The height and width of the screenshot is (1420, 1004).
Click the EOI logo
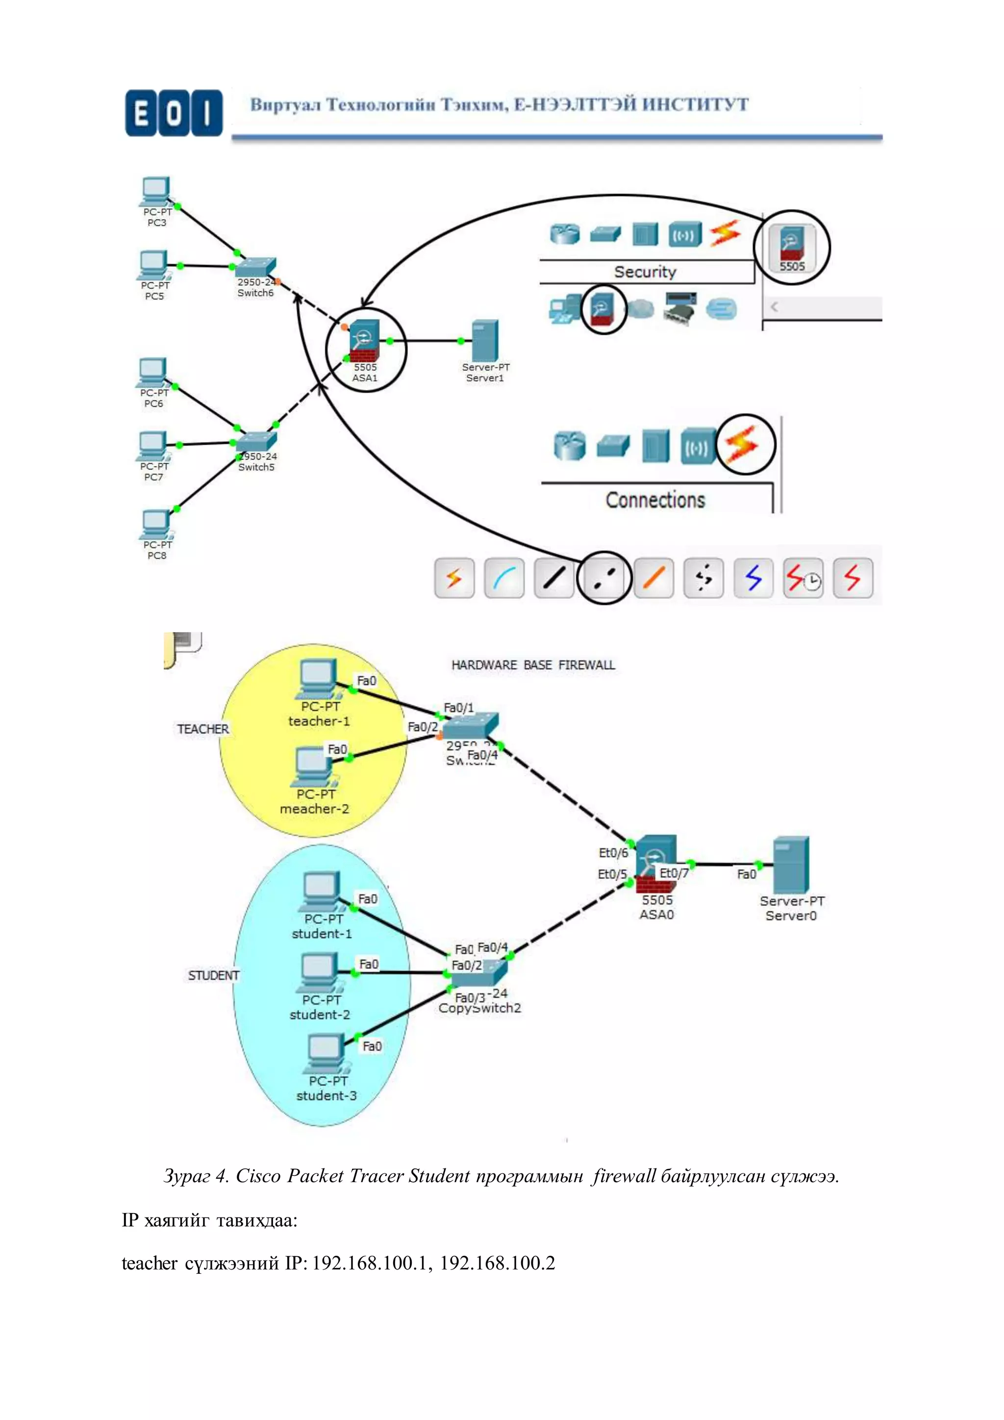tap(173, 113)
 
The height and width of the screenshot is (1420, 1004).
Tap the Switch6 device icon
tap(255, 267)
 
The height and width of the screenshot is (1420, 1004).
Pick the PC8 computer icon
tap(156, 524)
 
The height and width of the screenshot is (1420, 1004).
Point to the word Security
tap(645, 272)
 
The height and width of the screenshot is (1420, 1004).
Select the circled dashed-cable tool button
tap(603, 578)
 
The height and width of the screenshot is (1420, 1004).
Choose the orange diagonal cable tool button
tap(653, 578)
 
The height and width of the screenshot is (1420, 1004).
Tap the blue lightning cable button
tap(753, 578)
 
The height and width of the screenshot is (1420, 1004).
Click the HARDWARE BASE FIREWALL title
tap(533, 665)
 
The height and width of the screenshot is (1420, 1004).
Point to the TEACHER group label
tap(203, 729)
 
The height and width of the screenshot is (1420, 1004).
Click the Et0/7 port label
tap(674, 873)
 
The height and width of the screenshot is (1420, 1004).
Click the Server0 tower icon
tap(791, 864)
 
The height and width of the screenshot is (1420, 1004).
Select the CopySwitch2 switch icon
tap(479, 974)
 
